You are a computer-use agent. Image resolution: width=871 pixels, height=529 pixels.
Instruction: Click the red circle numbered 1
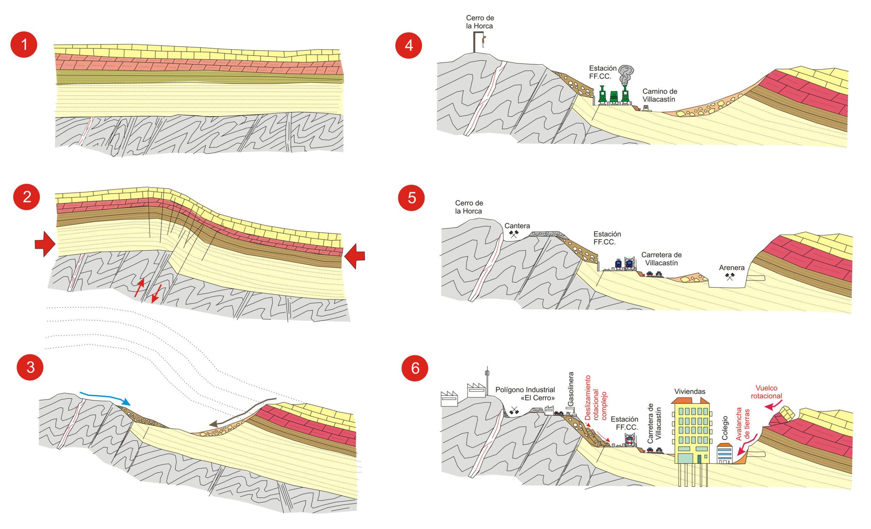click(x=24, y=45)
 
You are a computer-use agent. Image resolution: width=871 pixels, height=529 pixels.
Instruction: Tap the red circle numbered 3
click(x=30, y=367)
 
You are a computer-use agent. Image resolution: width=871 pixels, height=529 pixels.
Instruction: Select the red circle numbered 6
click(x=415, y=368)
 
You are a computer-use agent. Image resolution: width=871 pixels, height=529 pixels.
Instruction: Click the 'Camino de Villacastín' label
click(x=660, y=95)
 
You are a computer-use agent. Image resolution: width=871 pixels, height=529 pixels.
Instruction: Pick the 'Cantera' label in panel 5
click(x=517, y=226)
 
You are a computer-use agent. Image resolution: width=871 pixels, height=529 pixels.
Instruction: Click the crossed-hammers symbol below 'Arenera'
click(x=730, y=277)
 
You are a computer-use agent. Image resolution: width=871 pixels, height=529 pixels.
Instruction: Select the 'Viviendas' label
click(x=690, y=391)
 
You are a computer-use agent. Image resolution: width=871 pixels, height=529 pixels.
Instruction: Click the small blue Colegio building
click(x=724, y=454)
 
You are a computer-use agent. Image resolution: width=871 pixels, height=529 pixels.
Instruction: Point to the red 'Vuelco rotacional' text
click(x=766, y=392)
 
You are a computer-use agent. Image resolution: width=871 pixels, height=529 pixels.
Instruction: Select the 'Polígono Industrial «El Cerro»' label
click(x=525, y=394)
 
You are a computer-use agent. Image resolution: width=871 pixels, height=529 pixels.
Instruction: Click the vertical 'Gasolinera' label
click(x=570, y=389)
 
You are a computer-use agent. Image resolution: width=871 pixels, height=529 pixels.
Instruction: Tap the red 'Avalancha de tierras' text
click(x=743, y=424)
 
